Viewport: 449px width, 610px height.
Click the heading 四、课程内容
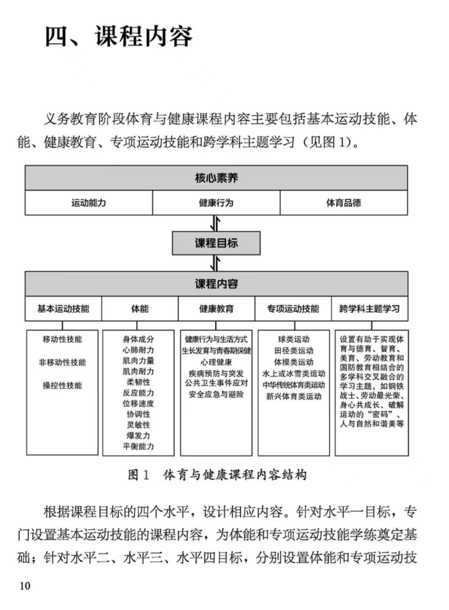pyautogui.click(x=119, y=36)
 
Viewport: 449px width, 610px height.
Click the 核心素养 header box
pyautogui.click(x=216, y=178)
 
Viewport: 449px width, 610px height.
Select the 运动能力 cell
pyautogui.click(x=89, y=203)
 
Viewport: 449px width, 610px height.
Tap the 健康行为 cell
pyautogui.click(x=216, y=203)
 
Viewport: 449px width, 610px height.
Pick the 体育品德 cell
pyautogui.click(x=343, y=203)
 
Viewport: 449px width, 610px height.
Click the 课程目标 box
pyautogui.click(x=216, y=243)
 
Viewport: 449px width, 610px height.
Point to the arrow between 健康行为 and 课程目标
pyautogui.click(x=215, y=223)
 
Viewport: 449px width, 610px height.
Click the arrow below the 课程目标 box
pyautogui.click(x=215, y=263)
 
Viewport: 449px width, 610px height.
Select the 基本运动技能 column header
pyautogui.click(x=63, y=309)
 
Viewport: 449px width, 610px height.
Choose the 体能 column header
pyautogui.click(x=140, y=309)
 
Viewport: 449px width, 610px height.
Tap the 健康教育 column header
pyautogui.click(x=216, y=309)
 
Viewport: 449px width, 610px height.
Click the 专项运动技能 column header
pyautogui.click(x=293, y=309)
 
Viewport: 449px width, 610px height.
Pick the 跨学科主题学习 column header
pyautogui.click(x=370, y=309)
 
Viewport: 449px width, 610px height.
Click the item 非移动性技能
pyautogui.click(x=62, y=362)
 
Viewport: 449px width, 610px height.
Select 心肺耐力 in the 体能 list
pyautogui.click(x=138, y=350)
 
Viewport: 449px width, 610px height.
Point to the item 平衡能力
pyautogui.click(x=138, y=446)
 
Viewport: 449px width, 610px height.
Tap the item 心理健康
pyautogui.click(x=216, y=362)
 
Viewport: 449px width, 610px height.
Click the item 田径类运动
pyautogui.click(x=294, y=351)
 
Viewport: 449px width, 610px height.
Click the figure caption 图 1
pyautogui.click(x=138, y=474)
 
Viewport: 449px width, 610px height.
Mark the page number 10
pyautogui.click(x=25, y=586)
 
